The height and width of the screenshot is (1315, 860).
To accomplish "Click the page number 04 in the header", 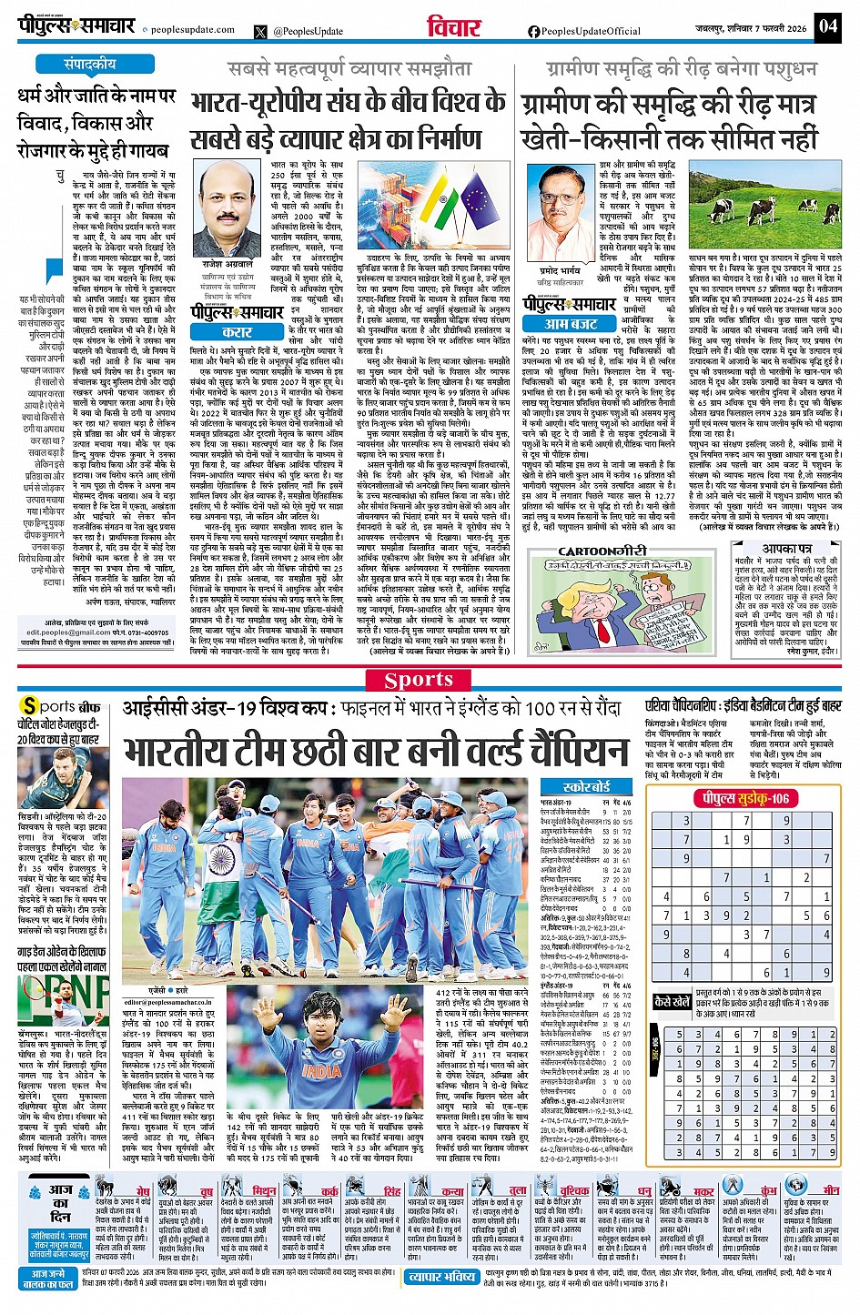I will point(827,25).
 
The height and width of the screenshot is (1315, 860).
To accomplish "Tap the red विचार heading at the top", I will point(453,27).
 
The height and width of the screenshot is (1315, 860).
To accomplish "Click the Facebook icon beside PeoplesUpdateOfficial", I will point(534,31).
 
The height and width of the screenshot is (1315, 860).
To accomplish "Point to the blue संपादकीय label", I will point(90,65).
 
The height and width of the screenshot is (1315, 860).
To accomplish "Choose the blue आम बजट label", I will point(571,323).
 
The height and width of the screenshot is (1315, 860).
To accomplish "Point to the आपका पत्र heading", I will point(787,549).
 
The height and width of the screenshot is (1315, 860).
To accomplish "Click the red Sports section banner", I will point(419,680).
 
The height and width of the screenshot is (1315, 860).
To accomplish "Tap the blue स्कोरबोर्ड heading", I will point(587,786).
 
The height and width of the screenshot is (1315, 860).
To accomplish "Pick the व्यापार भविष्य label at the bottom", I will point(441,1277).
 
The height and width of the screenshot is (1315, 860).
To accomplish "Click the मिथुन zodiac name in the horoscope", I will point(264,1190).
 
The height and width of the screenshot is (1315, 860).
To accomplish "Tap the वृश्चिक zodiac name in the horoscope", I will point(574,1190).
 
